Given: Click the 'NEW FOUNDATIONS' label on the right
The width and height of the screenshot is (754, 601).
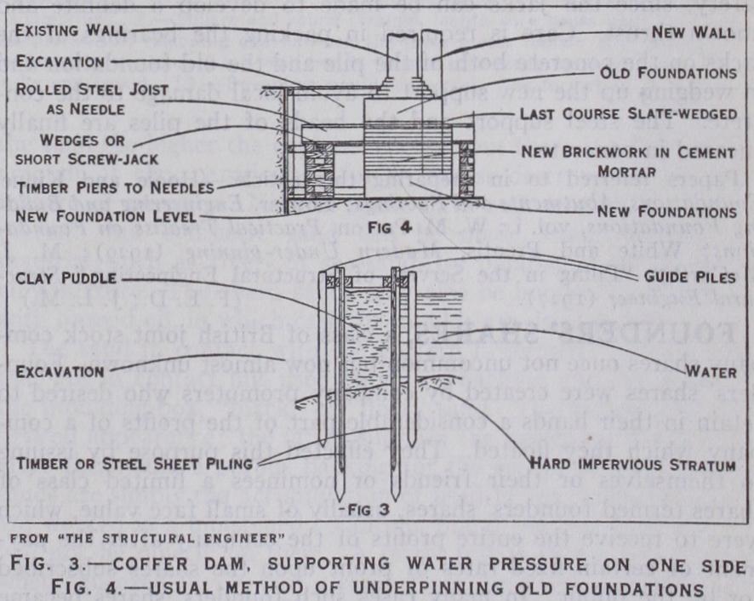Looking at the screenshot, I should point(652,210).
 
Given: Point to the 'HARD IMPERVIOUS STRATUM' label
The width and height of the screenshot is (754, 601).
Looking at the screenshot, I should point(632,465).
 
